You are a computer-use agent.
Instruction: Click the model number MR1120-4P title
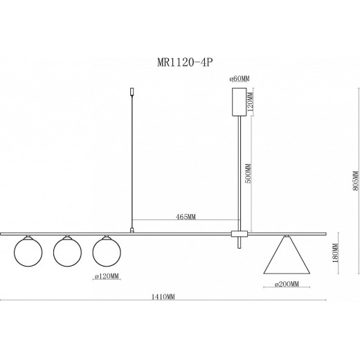coord(185,62)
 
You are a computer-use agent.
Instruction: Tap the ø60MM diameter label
coord(240,79)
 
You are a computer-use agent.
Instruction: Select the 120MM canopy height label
coord(251,102)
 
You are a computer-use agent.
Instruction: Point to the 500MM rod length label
coord(249,173)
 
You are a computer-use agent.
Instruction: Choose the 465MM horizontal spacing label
coord(186,217)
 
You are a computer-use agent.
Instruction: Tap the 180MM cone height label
coord(335,253)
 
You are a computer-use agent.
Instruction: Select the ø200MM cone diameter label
coord(287,284)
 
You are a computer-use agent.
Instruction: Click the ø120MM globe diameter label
coord(107,276)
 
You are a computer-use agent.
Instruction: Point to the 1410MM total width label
coord(163,297)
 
